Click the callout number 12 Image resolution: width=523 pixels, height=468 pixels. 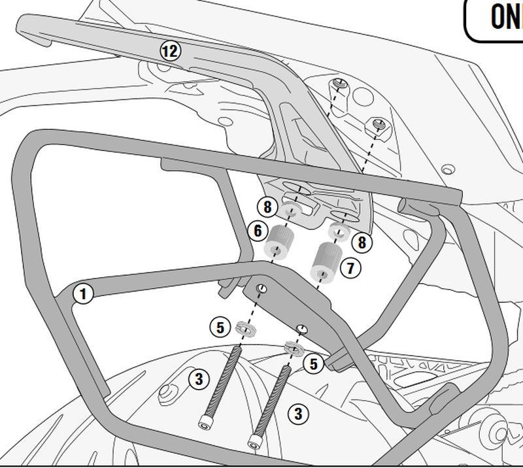[x=170, y=50]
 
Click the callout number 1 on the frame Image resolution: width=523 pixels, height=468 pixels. [x=82, y=294]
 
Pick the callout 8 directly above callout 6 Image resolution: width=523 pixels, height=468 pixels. [x=266, y=208]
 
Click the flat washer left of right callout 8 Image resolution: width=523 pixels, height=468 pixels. [x=337, y=231]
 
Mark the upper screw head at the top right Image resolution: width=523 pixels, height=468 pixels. [x=340, y=84]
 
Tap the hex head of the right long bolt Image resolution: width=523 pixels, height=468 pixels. [x=255, y=441]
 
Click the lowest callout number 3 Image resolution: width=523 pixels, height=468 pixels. [x=298, y=413]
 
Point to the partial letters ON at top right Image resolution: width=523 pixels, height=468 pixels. [x=505, y=16]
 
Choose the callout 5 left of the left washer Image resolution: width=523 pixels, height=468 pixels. [x=220, y=327]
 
